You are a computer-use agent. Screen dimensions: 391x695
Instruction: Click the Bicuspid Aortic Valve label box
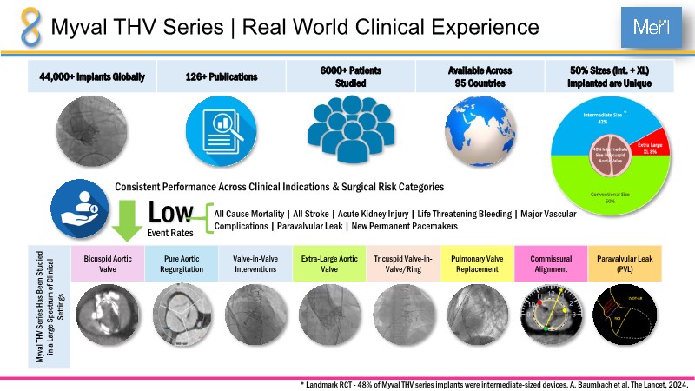106,262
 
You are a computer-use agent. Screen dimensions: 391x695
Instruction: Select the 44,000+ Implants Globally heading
92,76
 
